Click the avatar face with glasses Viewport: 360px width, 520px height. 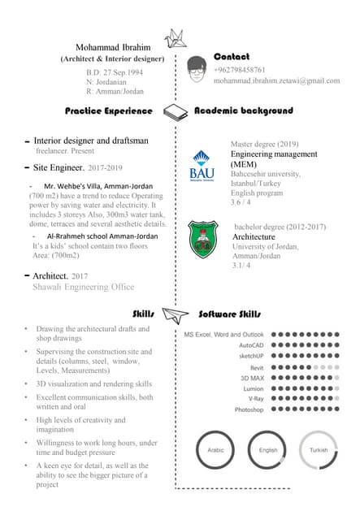pyautogui.click(x=196, y=67)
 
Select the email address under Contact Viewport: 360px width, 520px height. pyautogui.click(x=276, y=81)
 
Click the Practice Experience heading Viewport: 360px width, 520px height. pyautogui.click(x=109, y=110)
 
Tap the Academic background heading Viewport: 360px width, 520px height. pyautogui.click(x=243, y=110)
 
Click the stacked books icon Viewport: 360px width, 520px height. pyautogui.click(x=176, y=111)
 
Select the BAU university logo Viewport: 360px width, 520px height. pyautogui.click(x=202, y=165)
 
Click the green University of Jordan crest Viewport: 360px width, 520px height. pyautogui.click(x=202, y=240)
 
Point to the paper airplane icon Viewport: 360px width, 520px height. pyautogui.click(x=176, y=314)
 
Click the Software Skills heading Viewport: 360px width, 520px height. pyautogui.click(x=230, y=314)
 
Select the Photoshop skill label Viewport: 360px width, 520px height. pyautogui.click(x=249, y=409)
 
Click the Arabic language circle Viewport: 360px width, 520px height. pyautogui.click(x=215, y=449)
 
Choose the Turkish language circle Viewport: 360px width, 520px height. pyautogui.click(x=319, y=449)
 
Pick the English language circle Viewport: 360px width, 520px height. pyautogui.click(x=267, y=449)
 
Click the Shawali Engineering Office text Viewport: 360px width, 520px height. pyautogui.click(x=83, y=287)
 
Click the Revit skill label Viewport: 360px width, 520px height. pyautogui.click(x=256, y=367)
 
